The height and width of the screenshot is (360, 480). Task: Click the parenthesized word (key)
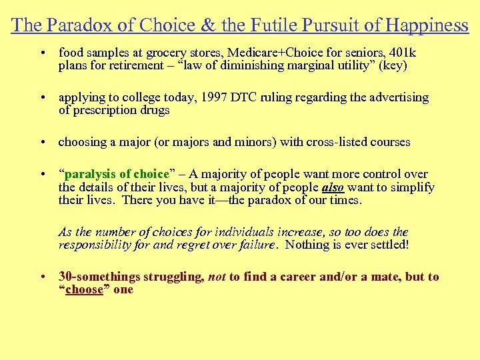[393, 65]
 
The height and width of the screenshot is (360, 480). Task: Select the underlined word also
[333, 187]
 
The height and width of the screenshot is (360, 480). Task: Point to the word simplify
[411, 187]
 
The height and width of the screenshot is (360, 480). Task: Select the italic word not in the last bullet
[217, 277]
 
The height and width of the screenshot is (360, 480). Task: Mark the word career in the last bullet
[320, 277]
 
